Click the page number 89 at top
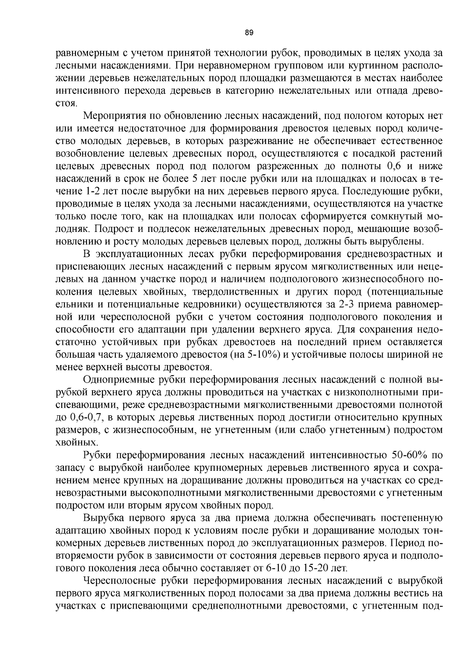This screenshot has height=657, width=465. pos(249,33)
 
